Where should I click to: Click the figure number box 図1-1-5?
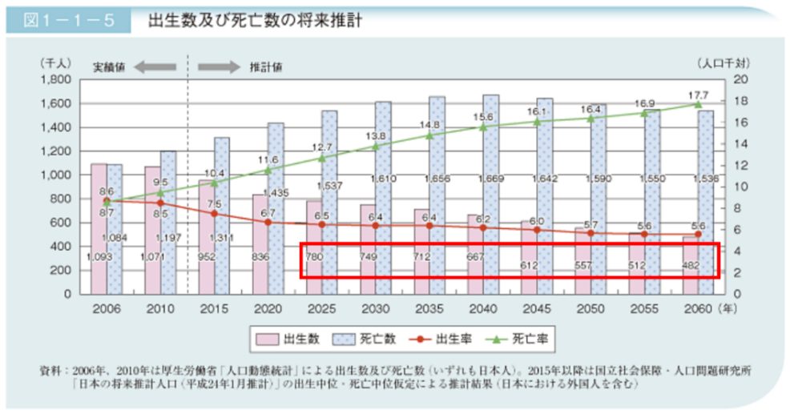[x=67, y=20]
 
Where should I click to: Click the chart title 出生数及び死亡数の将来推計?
[x=255, y=20]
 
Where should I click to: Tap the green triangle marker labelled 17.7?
[x=697, y=104]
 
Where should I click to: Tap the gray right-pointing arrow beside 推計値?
[x=219, y=66]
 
